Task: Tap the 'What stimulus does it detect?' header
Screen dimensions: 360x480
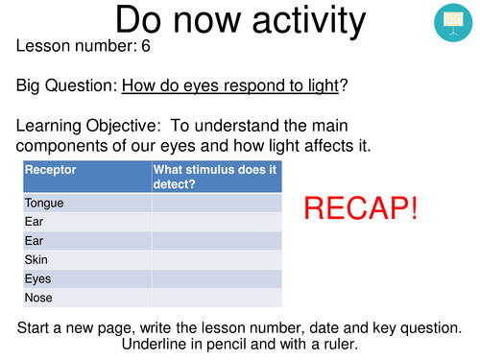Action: point(215,177)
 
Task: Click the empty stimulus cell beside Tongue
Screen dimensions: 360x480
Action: point(216,203)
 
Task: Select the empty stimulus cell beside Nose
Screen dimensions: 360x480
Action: point(216,298)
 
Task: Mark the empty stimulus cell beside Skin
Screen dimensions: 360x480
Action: point(216,259)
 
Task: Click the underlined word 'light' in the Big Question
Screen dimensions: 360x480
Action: point(320,85)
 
